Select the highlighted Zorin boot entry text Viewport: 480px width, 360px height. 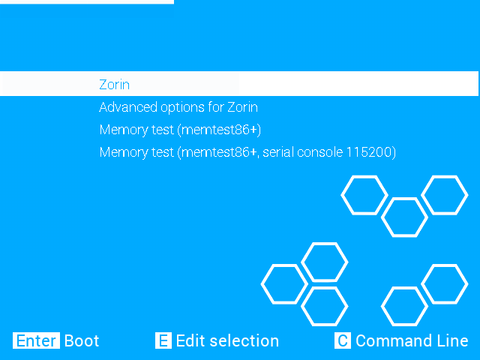(x=114, y=85)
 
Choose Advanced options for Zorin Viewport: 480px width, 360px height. (x=178, y=107)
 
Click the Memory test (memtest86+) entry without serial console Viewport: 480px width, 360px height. (x=180, y=130)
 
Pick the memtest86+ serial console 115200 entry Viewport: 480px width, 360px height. (x=247, y=152)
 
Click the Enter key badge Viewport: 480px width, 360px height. (x=36, y=340)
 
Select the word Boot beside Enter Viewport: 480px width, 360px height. (x=82, y=340)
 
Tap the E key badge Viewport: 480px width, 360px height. (x=163, y=340)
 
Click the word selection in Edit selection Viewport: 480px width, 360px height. (x=244, y=340)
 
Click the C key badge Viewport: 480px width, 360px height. (x=343, y=340)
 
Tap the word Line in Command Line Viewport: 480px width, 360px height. (x=451, y=340)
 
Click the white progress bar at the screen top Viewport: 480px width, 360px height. (x=86, y=2)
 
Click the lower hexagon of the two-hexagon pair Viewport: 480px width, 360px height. (x=404, y=306)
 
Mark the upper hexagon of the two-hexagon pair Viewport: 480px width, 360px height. (x=445, y=284)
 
